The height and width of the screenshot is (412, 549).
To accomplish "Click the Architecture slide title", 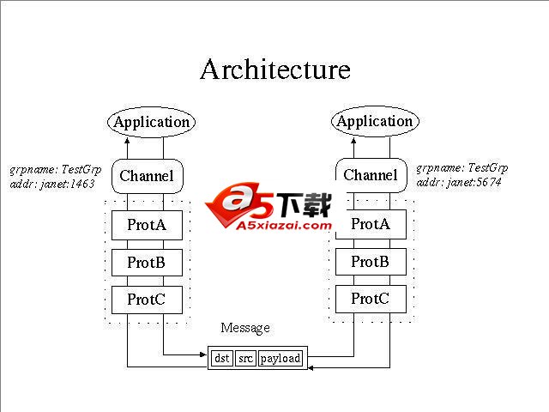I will (274, 70).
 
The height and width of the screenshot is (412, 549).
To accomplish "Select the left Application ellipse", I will (151, 122).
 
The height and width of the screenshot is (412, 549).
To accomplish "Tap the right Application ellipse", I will (374, 121).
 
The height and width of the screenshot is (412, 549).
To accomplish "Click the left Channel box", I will (147, 177).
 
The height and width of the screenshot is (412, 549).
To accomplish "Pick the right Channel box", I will (371, 175).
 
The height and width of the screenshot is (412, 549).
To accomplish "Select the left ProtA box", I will (147, 226).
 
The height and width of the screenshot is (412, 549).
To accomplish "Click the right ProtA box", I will (371, 224).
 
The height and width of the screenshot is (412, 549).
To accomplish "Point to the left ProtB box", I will (147, 263).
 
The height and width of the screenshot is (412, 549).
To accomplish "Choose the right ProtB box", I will (371, 262).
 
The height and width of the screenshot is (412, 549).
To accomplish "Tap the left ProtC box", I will (147, 300).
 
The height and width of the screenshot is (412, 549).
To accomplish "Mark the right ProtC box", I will (371, 299).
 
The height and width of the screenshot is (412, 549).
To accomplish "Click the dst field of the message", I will (222, 358).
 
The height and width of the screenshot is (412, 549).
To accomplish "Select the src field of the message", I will (245, 358).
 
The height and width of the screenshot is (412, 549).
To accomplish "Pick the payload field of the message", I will (281, 358).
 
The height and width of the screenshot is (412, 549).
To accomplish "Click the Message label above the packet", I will (245, 328).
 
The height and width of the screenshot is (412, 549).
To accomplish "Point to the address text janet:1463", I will (53, 184).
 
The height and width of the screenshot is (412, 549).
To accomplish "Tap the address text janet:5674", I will (459, 182).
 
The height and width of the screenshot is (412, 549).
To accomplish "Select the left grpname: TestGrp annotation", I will (55, 169).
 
